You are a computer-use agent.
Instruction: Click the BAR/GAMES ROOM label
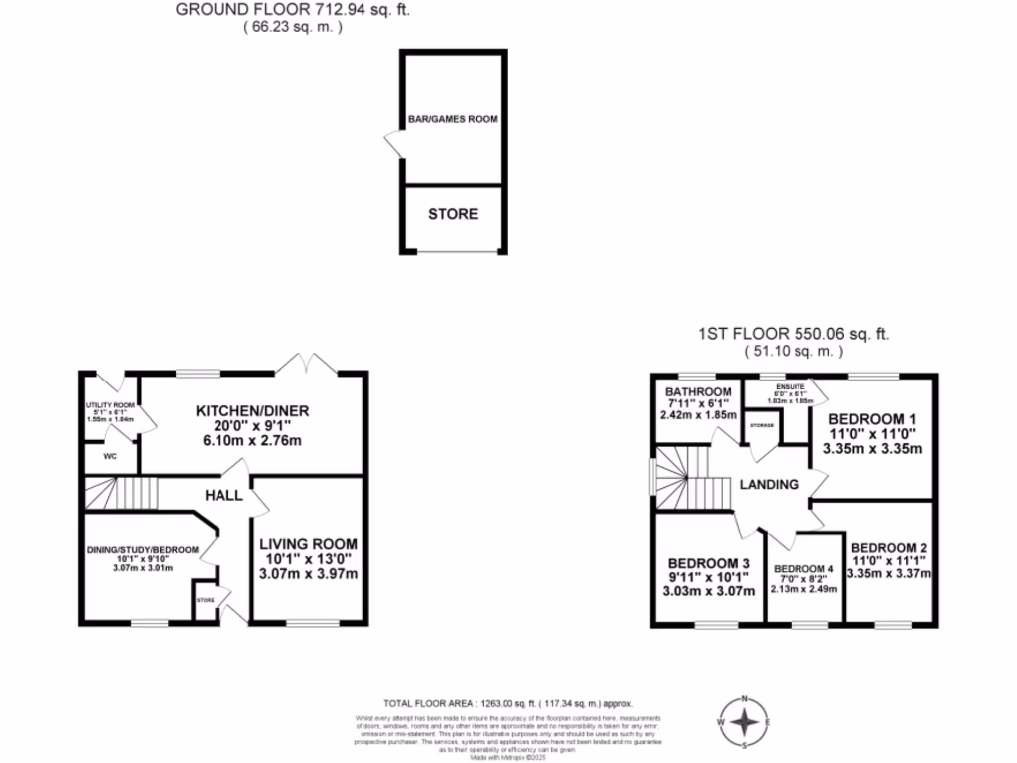pos(452,119)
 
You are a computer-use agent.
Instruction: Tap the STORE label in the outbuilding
pos(452,214)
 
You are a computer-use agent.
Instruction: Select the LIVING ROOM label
pos(308,544)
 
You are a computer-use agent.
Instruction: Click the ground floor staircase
pos(122,492)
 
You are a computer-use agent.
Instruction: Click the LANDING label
pos(768,485)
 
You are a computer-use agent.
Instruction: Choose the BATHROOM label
pos(699,391)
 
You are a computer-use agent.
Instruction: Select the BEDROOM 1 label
pos(871,418)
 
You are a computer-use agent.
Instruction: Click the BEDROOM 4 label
pos(805,569)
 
